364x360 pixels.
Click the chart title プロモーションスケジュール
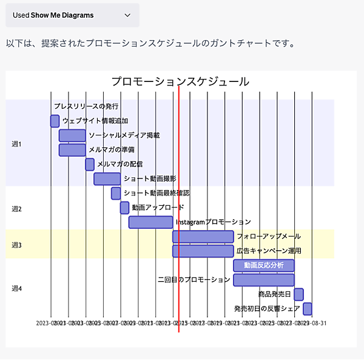(180, 81)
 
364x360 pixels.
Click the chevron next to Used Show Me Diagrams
(127, 15)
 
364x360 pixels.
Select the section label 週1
(16, 144)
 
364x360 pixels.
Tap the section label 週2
(16, 209)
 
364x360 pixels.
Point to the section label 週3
(16, 245)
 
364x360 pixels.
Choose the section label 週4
(16, 288)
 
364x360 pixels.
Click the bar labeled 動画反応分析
(264, 265)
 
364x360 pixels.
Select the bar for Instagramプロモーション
(150, 222)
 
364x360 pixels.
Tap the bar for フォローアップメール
(203, 237)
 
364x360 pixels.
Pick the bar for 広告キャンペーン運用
(203, 251)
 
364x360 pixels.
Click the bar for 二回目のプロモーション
(264, 280)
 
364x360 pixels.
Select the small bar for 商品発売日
(298, 294)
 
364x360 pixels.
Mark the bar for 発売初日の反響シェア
(308, 308)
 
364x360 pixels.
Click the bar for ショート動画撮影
(107, 178)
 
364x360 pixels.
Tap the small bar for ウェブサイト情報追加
(55, 121)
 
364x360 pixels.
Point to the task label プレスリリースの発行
(86, 107)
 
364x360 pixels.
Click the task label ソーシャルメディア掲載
(124, 135)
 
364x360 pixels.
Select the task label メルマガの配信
(120, 164)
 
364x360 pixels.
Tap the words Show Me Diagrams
(62, 15)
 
